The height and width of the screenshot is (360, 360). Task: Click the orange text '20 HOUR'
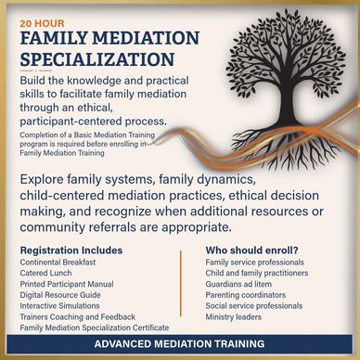tap(43, 23)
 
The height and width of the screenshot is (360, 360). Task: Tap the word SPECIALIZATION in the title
tap(97, 59)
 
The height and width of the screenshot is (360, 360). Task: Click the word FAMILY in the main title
tap(54, 38)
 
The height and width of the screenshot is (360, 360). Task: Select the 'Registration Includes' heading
tap(71, 251)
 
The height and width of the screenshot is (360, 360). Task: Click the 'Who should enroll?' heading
tap(254, 251)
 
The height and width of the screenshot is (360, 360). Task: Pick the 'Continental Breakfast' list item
tap(58, 263)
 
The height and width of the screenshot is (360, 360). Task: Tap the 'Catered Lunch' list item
tap(45, 273)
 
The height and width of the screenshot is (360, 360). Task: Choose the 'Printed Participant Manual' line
tap(67, 284)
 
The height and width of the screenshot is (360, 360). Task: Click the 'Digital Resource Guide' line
tap(60, 295)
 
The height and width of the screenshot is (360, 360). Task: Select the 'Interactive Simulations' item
tap(59, 305)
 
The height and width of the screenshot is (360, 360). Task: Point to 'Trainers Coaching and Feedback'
tap(78, 316)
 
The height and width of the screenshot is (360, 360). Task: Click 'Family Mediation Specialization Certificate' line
tap(95, 328)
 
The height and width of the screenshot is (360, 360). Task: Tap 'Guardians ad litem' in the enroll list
tap(238, 284)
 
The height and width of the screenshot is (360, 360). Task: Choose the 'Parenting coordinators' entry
tap(246, 295)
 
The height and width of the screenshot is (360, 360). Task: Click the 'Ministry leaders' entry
tap(234, 316)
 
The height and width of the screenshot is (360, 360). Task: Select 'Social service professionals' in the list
tap(254, 305)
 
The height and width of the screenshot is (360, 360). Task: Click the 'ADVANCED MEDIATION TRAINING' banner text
tap(179, 343)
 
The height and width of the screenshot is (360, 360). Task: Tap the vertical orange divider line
tap(181, 283)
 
